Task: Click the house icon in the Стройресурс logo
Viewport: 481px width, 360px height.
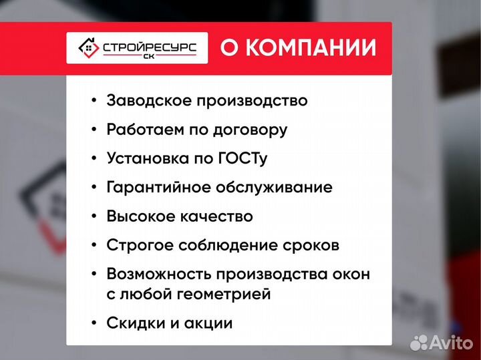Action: coord(88,47)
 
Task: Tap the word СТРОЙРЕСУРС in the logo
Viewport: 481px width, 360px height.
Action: coord(149,46)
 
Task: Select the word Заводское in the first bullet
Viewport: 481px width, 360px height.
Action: coord(142,100)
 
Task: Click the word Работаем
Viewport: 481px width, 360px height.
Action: coord(140,130)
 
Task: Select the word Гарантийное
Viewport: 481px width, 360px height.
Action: coord(158,187)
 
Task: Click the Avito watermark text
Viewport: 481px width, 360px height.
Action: coord(451,343)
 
